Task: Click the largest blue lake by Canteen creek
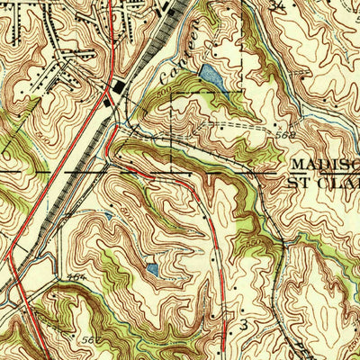pyautogui.click(x=211, y=76)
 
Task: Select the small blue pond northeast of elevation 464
pyautogui.click(x=151, y=268)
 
